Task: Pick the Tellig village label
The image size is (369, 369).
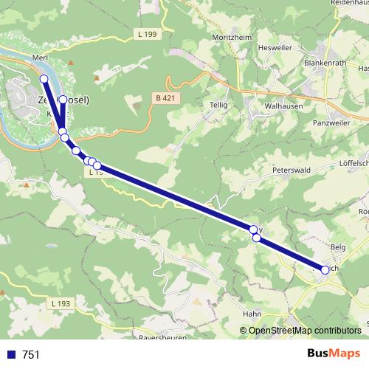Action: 219,105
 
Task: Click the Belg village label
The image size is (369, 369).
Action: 338,246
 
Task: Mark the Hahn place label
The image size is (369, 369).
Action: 252,314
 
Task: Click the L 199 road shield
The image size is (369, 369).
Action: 148,35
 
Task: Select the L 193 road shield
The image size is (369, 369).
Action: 61,304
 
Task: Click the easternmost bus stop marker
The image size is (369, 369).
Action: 325,270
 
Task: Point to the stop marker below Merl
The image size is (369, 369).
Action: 44,79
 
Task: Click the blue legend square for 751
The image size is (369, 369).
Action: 10,354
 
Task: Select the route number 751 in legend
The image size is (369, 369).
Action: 31,354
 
